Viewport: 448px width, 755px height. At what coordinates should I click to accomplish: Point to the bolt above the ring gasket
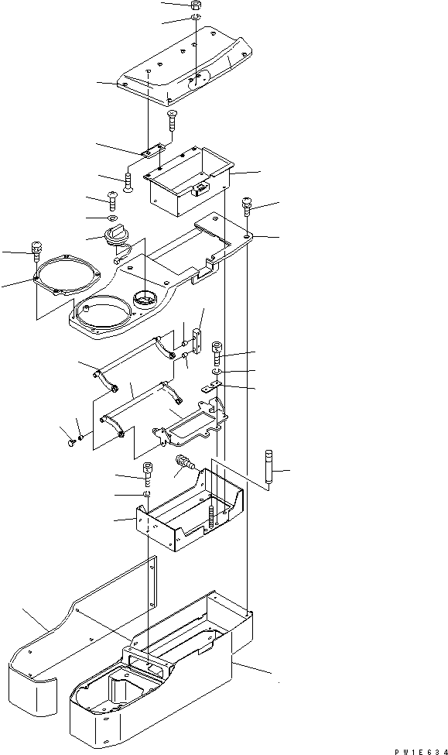coord(37,250)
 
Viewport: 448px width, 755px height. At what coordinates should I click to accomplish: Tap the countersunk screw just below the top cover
coord(172,120)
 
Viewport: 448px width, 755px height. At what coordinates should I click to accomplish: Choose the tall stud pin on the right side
coord(268,468)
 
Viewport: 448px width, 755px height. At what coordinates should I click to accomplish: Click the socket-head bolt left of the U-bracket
coord(149,472)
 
